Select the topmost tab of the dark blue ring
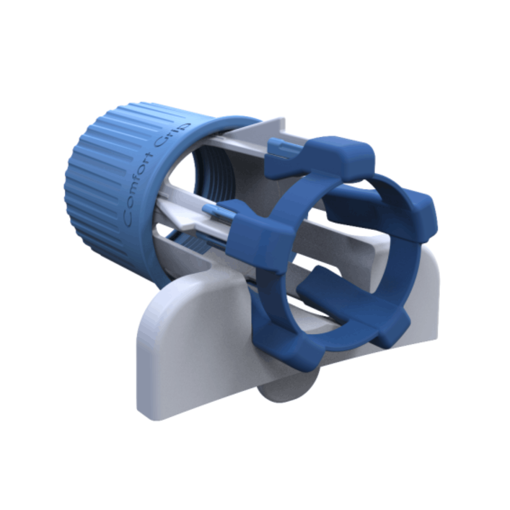click(340, 156)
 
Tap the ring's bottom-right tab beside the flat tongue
click(391, 327)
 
